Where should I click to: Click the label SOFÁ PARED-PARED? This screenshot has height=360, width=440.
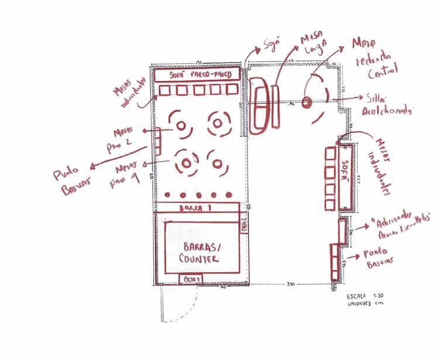pyautogui.click(x=197, y=75)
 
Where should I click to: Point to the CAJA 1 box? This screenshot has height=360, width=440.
pyautogui.click(x=192, y=279)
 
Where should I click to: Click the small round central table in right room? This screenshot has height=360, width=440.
pyautogui.click(x=306, y=102)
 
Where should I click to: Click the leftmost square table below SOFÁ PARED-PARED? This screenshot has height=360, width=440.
pyautogui.click(x=165, y=90)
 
